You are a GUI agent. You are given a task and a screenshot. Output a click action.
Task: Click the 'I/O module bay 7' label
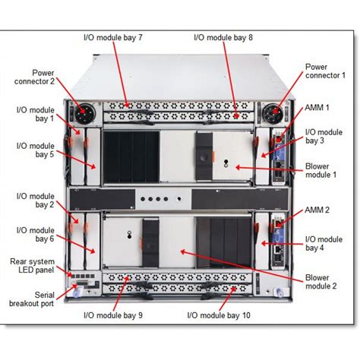point(113,37)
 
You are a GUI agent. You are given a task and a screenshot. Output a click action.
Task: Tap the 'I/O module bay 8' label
point(223,37)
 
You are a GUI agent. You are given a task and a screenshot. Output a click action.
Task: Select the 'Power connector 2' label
point(34,77)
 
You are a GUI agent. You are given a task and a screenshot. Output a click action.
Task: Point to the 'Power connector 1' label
point(325,71)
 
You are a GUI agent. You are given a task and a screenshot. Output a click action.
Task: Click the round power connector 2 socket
point(85,114)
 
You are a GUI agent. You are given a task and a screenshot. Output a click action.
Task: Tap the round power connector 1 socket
point(273,114)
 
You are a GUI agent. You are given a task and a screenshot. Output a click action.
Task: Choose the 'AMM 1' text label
point(317,108)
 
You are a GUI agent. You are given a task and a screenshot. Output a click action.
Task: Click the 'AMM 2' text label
point(317,210)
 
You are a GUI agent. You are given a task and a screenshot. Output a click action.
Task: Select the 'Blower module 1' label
point(321,170)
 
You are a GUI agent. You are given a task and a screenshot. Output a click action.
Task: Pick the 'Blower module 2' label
point(321,282)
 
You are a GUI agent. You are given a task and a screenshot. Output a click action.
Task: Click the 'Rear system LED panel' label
point(32,266)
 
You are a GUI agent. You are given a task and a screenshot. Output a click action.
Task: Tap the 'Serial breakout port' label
point(32,299)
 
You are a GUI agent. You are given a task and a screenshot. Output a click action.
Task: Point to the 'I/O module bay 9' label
point(113,315)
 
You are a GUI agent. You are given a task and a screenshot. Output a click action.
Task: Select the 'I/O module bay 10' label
point(219,315)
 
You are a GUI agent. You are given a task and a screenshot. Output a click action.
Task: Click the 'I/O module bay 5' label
point(36,150)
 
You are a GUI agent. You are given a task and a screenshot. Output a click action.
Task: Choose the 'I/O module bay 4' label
point(324,243)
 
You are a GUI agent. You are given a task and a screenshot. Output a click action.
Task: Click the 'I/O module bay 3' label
point(324,136)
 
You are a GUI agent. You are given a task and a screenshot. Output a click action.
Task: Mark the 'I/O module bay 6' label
point(36,235)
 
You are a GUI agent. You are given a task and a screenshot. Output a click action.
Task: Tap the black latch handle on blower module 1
point(204,156)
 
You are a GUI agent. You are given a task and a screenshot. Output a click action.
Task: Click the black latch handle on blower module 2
point(150,243)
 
